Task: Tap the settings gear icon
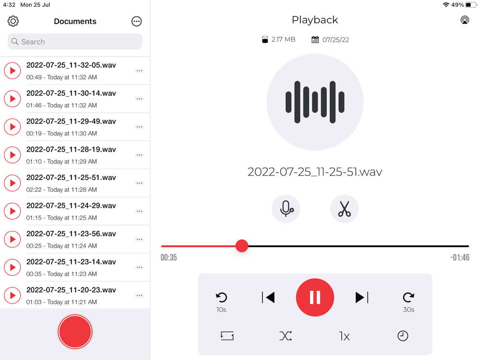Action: [13, 21]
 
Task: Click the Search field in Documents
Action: [75, 42]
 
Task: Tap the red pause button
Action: [315, 297]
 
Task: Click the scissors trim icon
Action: [344, 209]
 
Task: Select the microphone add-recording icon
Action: [286, 209]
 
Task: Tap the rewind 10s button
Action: [221, 301]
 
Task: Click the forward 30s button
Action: [408, 301]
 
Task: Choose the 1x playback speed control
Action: [344, 336]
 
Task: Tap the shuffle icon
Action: [286, 336]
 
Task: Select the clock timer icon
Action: [403, 336]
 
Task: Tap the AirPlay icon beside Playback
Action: [465, 20]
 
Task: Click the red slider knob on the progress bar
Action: [242, 246]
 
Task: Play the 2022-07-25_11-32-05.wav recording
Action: [12, 71]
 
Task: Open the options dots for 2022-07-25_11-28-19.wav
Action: [140, 155]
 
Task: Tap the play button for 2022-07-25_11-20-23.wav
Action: [12, 295]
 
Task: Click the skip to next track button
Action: [362, 297]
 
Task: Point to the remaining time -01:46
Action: [460, 257]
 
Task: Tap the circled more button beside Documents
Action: [136, 22]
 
